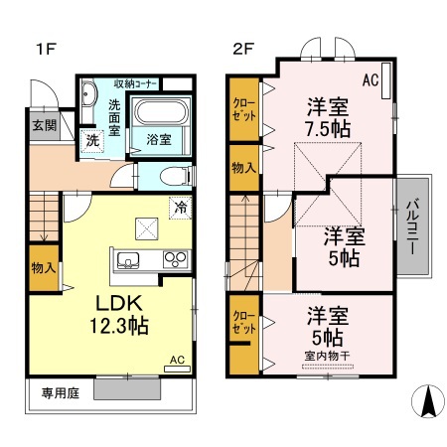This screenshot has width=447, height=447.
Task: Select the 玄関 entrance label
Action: pyautogui.click(x=43, y=125)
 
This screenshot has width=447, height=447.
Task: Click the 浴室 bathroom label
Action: pyautogui.click(x=161, y=140)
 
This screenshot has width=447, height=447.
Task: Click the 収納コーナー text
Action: pyautogui.click(x=135, y=82)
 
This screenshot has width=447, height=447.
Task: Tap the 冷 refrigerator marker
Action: pyautogui.click(x=180, y=208)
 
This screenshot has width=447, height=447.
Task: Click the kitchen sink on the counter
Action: pyautogui.click(x=129, y=261)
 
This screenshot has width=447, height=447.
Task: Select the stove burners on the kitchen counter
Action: pyautogui.click(x=174, y=261)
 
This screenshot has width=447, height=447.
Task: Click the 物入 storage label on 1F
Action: pyautogui.click(x=43, y=268)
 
